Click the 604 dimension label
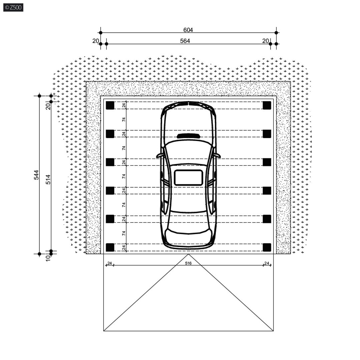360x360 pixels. pyautogui.click(x=188, y=30)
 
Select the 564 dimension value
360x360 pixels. pyautogui.click(x=185, y=41)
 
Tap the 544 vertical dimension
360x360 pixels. pyautogui.click(x=36, y=175)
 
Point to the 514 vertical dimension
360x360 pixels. pyautogui.click(x=48, y=180)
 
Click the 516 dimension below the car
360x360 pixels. pyautogui.click(x=188, y=263)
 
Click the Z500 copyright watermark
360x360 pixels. pyautogui.click(x=13, y=8)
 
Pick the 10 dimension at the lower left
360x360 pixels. pyautogui.click(x=48, y=258)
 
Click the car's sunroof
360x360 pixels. pyautogui.click(x=189, y=177)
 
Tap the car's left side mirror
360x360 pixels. pyautogui.click(x=159, y=155)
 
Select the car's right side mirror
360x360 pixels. pyautogui.click(x=218, y=155)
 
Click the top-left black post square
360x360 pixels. pyautogui.click(x=110, y=105)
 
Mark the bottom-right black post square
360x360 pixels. pyautogui.click(x=267, y=247)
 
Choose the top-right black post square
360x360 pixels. pyautogui.click(x=267, y=105)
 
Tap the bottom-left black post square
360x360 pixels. pyautogui.click(x=110, y=247)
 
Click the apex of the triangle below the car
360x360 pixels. pyautogui.click(x=189, y=254)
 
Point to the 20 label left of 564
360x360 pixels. pyautogui.click(x=95, y=41)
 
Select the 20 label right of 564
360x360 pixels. pyautogui.click(x=266, y=41)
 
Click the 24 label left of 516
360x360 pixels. pyautogui.click(x=109, y=263)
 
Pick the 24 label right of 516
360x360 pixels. pyautogui.click(x=267, y=263)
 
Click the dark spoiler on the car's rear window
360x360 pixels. pyautogui.click(x=189, y=136)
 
